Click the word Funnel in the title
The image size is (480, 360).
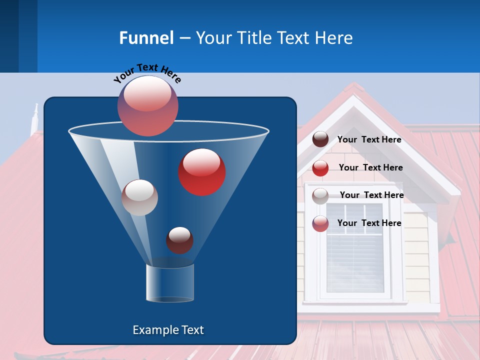coord(146,38)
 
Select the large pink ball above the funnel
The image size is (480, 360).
coord(148,105)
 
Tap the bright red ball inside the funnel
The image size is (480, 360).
coord(202,172)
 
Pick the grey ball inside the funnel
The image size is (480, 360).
coord(139,197)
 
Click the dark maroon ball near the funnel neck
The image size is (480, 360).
coord(179,240)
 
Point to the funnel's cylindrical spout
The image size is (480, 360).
coord(170,283)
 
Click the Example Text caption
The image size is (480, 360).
coord(168,330)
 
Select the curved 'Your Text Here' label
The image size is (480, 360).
coord(147,73)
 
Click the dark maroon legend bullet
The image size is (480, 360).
coord(320,139)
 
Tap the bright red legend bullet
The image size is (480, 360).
coord(320,168)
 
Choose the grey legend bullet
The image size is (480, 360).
coord(320,195)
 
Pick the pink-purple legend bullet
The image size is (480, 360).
coord(320,223)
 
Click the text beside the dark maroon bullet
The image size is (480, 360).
coord(369,140)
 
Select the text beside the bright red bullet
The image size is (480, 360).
coord(370,168)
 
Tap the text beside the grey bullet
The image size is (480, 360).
coord(371,195)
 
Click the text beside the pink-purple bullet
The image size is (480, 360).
coord(369,223)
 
